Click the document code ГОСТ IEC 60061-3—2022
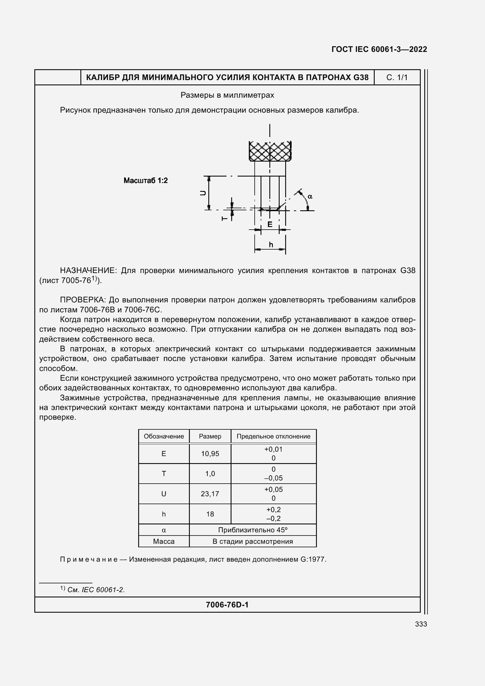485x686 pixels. point(379,49)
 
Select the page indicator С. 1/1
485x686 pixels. point(397,78)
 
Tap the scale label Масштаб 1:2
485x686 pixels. point(146,180)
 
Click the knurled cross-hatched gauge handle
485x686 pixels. point(270,151)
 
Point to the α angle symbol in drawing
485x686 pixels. point(310,197)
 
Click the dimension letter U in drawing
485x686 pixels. point(203,193)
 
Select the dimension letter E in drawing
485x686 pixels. point(270,224)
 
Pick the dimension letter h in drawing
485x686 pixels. point(271,245)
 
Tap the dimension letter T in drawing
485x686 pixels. point(224,219)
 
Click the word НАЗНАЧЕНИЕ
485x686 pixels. point(88,271)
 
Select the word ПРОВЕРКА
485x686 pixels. point(83,300)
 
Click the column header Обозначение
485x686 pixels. point(164,436)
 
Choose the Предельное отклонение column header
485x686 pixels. point(273,436)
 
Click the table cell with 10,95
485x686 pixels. point(210,453)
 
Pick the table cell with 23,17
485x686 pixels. point(210,494)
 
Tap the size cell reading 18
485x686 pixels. point(210,514)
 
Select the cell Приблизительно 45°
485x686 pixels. point(253,530)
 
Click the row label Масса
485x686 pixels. point(164,541)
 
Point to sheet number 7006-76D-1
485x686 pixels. point(227,605)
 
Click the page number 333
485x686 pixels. point(421,624)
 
